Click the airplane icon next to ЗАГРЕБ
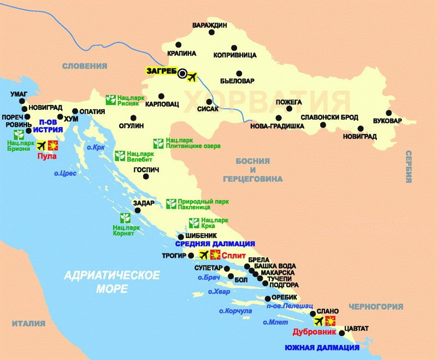click(191, 76)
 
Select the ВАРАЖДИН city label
click(209, 25)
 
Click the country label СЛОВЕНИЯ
click(85, 66)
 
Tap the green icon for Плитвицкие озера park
click(158, 143)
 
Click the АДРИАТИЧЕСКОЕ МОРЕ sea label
click(111, 281)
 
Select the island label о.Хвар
click(219, 292)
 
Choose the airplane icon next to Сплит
click(203, 255)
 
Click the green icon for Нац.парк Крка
click(193, 223)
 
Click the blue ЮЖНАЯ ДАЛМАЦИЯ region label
click(322, 347)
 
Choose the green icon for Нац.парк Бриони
click(18, 135)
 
